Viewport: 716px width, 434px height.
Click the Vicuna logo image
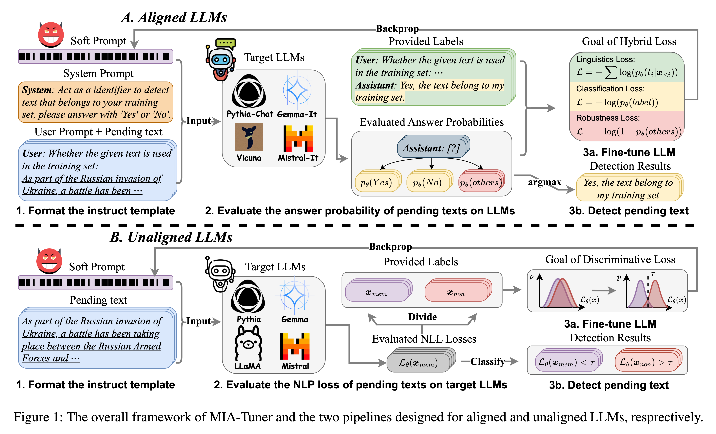(249, 137)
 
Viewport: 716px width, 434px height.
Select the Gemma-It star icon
(297, 91)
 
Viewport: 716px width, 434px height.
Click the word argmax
(544, 182)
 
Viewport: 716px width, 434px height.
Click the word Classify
(488, 361)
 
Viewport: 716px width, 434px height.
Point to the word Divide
(422, 317)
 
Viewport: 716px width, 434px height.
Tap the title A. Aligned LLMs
(174, 17)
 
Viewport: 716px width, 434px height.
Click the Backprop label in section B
(390, 247)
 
